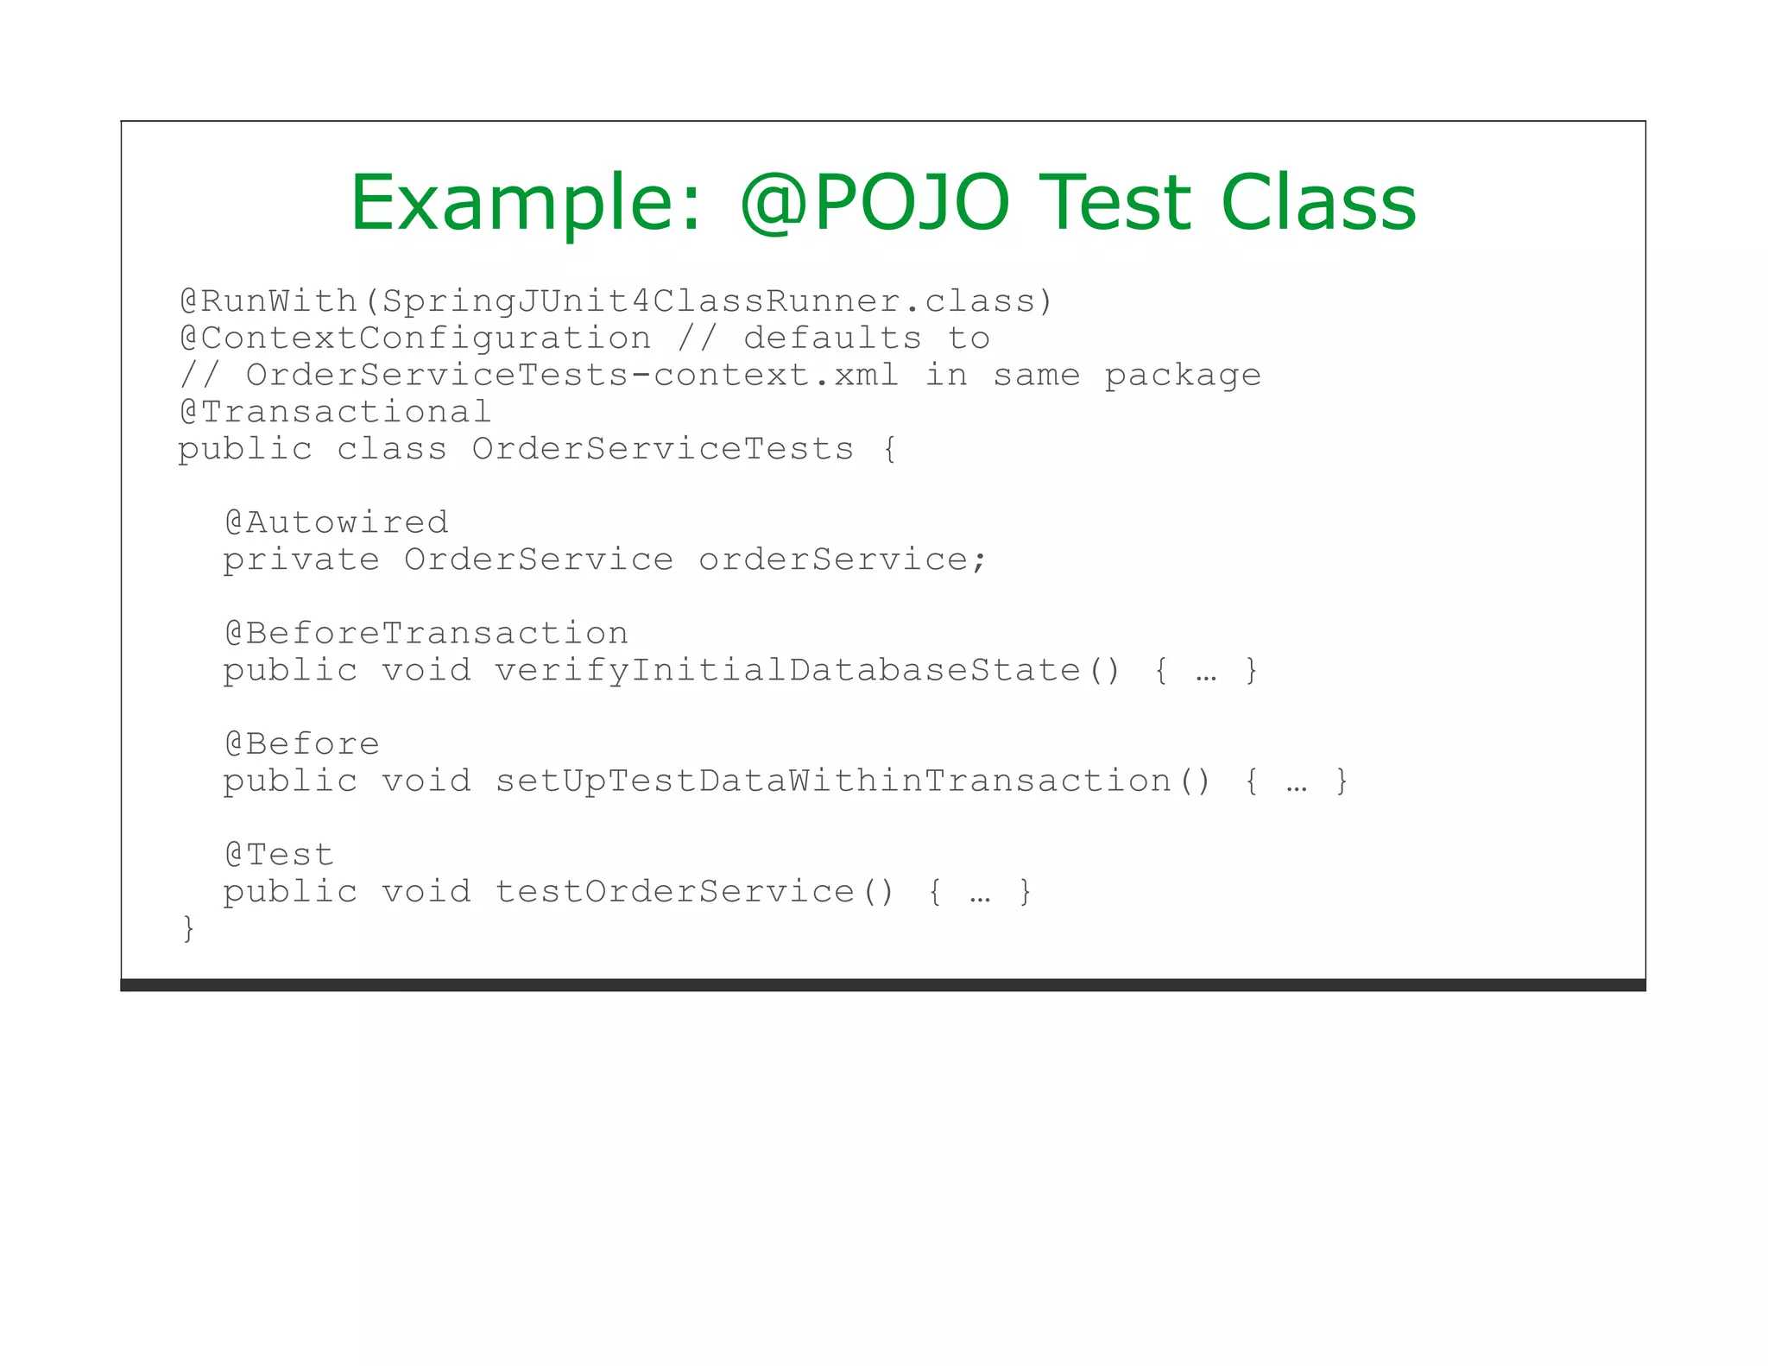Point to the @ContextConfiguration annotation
point(415,338)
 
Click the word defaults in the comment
point(832,338)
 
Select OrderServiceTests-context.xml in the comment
point(571,376)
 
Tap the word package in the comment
point(1182,376)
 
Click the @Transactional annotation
point(335,412)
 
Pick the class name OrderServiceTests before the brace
point(662,449)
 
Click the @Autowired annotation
point(336,522)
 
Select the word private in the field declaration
point(301,560)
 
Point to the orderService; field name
point(842,560)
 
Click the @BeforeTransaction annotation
point(426,633)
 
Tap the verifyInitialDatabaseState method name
point(787,670)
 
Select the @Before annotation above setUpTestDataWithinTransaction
point(301,743)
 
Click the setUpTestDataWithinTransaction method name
point(833,781)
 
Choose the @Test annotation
point(279,855)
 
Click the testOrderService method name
point(674,891)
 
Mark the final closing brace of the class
point(188,928)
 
